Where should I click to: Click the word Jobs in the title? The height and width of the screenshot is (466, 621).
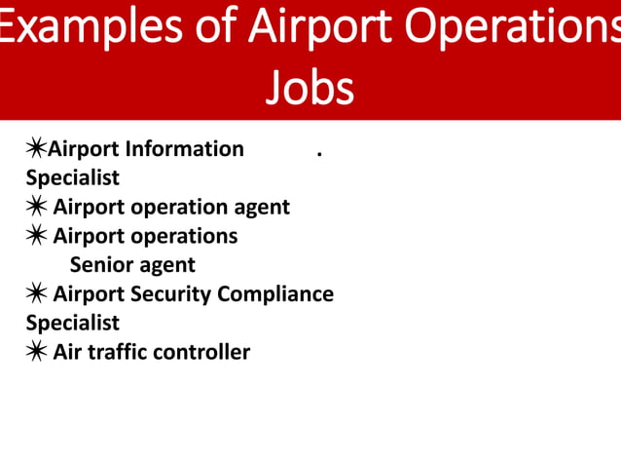pos(310,87)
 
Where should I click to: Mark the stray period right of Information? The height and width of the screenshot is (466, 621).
pos(319,153)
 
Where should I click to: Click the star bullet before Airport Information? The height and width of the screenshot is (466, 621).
pos(36,148)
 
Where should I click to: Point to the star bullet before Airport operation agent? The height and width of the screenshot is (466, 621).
pos(36,207)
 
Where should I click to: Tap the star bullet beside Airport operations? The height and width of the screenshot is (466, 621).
pos(36,236)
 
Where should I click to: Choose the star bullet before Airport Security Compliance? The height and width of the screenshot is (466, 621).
pos(36,293)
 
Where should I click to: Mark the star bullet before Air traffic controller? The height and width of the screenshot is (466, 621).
pos(36,352)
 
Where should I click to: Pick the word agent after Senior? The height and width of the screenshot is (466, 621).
pos(167,265)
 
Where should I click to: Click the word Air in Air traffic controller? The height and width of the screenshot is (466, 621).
pos(67,352)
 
